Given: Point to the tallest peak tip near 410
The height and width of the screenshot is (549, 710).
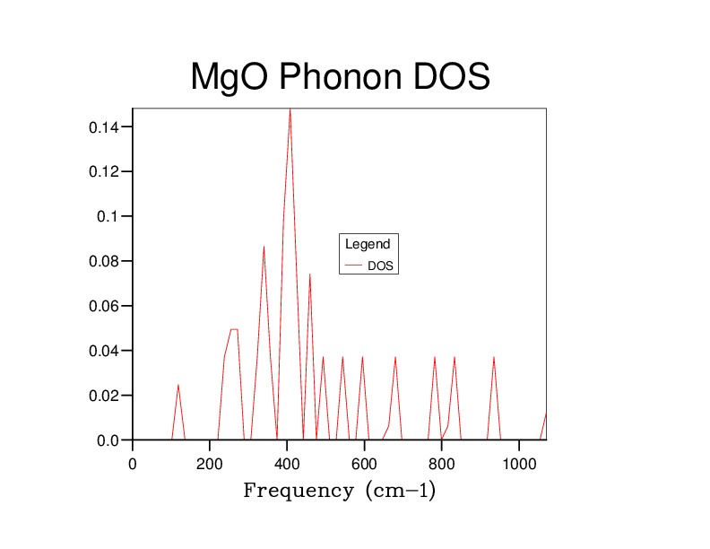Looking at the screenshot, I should click(x=290, y=109).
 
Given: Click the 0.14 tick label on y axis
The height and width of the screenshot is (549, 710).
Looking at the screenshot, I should click(x=103, y=127).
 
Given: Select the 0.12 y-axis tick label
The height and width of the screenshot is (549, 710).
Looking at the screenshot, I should click(x=103, y=172).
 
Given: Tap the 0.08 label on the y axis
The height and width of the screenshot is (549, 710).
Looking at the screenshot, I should click(x=103, y=262).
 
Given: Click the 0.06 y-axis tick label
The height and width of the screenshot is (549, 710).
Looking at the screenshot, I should click(x=103, y=306).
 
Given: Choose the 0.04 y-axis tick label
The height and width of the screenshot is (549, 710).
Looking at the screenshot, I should click(x=103, y=351).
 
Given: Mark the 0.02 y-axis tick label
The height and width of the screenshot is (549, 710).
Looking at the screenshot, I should click(x=103, y=396).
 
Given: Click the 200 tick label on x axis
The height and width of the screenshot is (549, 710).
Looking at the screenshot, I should click(x=210, y=464).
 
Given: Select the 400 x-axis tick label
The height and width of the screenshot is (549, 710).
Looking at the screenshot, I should click(x=287, y=464).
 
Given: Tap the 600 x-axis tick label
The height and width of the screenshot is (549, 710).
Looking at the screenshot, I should click(x=364, y=464).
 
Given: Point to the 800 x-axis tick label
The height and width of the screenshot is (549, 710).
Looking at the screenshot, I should click(x=441, y=464).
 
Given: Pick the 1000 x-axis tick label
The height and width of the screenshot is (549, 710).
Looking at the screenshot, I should click(x=518, y=464).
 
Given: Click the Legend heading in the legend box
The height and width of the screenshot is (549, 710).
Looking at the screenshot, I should click(x=368, y=244).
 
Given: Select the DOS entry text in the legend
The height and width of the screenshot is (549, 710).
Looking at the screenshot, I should click(x=381, y=266).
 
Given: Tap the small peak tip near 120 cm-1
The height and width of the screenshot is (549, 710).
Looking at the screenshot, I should click(x=178, y=385).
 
